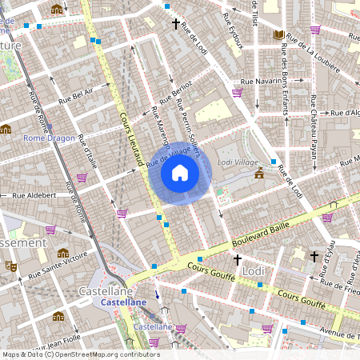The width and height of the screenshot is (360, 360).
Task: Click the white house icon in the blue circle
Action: (x=180, y=173)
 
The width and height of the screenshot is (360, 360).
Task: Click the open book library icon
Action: (x=278, y=35)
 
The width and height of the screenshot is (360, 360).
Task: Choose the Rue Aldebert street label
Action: (x=34, y=194)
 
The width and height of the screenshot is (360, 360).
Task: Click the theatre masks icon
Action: (x=10, y=266)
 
